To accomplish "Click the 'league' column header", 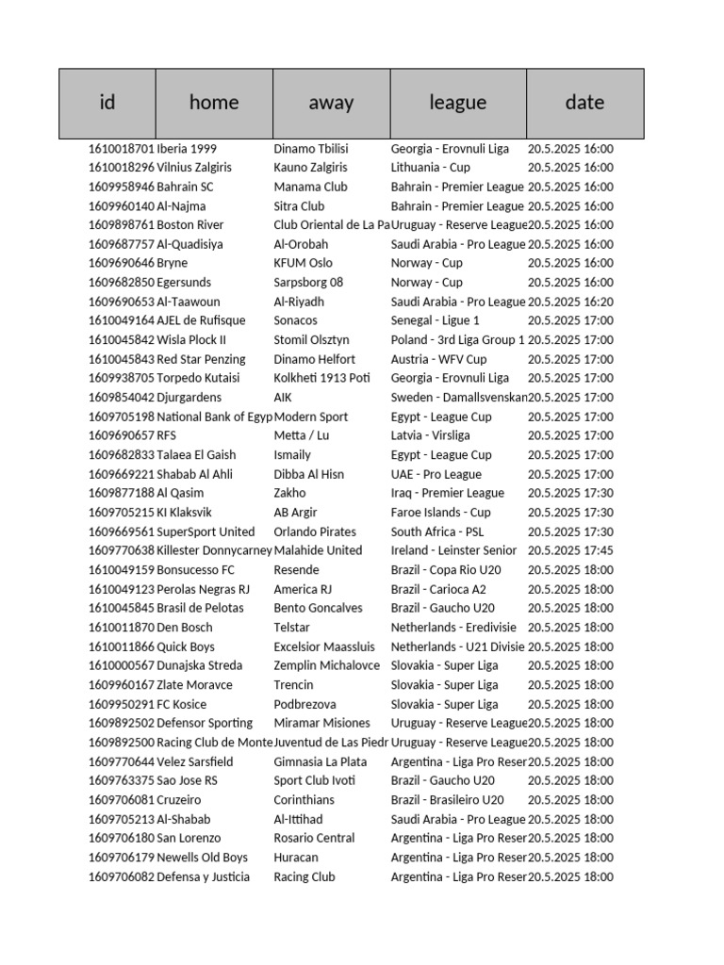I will click(x=457, y=103).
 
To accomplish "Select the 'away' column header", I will click(x=331, y=103).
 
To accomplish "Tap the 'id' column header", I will click(x=107, y=103).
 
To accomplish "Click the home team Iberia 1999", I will click(x=187, y=149).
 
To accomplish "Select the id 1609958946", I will click(x=121, y=187).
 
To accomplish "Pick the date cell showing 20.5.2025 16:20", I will click(x=570, y=302).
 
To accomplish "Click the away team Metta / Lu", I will click(x=302, y=435).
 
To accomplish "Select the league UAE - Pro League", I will click(x=436, y=474).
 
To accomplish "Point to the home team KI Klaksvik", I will click(x=185, y=513).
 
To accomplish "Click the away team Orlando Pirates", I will click(x=315, y=532).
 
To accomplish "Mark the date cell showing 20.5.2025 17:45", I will click(x=570, y=550).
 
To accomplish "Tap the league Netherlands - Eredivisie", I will click(x=453, y=627).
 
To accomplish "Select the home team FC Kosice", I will click(x=182, y=704).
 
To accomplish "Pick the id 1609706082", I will click(x=121, y=876).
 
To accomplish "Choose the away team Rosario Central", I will click(x=314, y=838).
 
